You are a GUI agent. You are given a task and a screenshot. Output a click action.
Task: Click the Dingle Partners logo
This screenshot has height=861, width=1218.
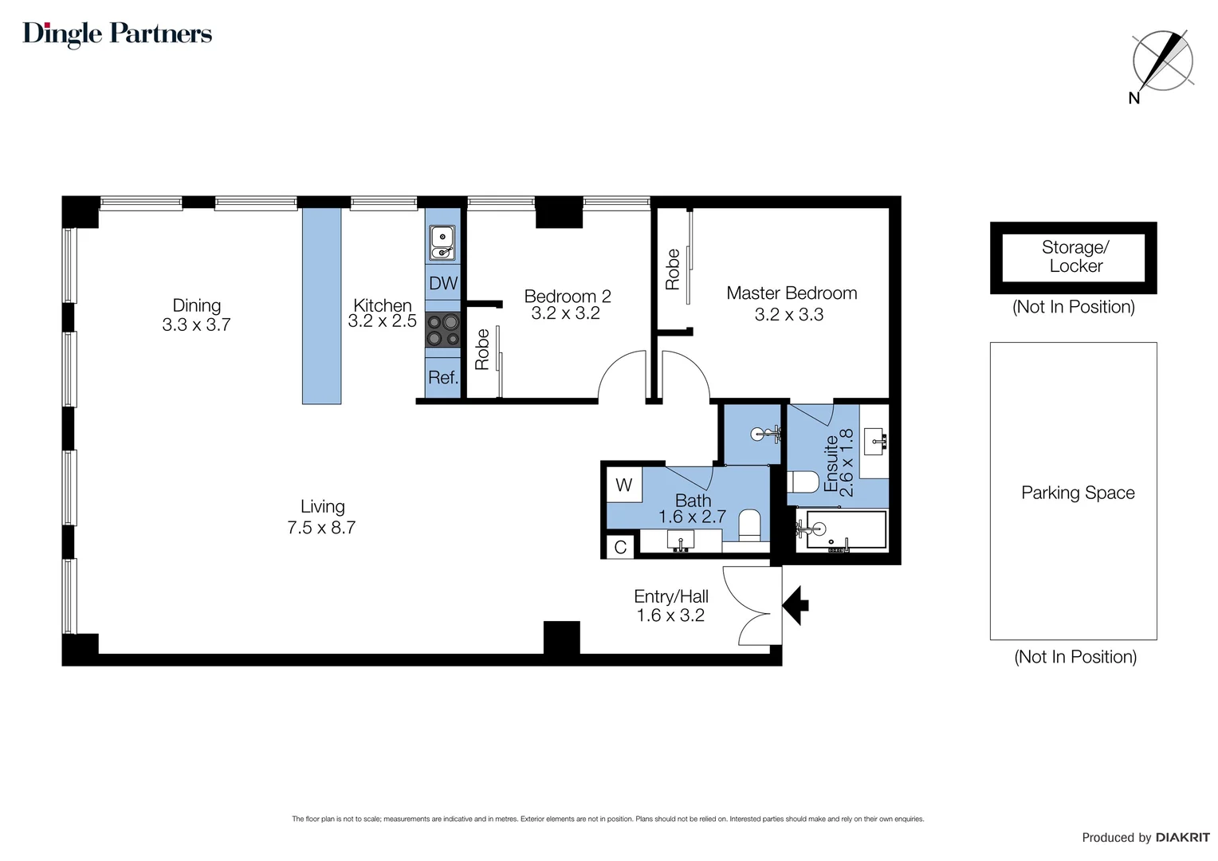(x=117, y=34)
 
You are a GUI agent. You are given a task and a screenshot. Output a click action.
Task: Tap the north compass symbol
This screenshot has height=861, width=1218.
(x=1162, y=61)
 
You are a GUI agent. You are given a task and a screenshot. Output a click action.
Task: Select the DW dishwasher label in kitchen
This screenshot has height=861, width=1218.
(x=443, y=283)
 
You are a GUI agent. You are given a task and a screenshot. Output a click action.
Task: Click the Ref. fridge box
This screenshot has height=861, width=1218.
(x=443, y=378)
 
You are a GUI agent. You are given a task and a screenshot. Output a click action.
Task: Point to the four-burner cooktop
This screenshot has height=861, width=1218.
(x=442, y=330)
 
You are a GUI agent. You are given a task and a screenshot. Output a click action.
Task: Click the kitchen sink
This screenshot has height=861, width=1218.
(x=442, y=242)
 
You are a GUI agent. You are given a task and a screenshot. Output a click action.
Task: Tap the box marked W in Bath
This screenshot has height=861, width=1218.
(x=624, y=485)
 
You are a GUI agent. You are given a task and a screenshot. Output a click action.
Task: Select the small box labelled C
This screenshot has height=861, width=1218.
(x=620, y=548)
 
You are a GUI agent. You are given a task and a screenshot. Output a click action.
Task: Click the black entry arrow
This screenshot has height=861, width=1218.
(x=796, y=605)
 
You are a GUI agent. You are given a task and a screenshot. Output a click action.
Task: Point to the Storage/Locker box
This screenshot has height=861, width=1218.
(x=1073, y=258)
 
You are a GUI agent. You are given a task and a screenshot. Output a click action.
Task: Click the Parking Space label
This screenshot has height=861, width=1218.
(x=1078, y=493)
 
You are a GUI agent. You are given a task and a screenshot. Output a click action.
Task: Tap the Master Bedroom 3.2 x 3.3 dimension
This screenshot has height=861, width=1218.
(x=789, y=315)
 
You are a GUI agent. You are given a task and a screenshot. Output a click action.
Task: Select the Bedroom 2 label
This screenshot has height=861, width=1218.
(x=567, y=296)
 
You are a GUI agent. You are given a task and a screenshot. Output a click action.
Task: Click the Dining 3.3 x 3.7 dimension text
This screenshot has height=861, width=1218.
(x=196, y=325)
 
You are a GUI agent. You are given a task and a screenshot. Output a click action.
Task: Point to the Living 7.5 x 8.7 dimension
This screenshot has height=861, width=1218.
(x=321, y=528)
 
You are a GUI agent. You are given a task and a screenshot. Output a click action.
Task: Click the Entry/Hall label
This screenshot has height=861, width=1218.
(x=670, y=596)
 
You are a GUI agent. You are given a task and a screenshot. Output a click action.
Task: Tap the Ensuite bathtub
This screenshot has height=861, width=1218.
(x=843, y=530)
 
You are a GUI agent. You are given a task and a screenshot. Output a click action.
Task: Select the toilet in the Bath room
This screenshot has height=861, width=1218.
(x=749, y=525)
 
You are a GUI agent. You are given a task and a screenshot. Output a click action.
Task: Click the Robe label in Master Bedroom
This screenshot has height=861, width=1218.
(x=673, y=269)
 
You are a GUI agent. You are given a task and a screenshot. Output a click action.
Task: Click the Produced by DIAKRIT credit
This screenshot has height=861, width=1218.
(x=1145, y=837)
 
